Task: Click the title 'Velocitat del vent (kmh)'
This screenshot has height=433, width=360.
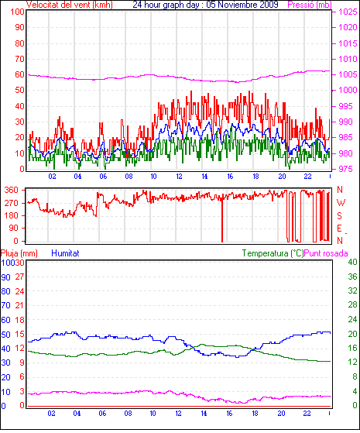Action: click(70, 5)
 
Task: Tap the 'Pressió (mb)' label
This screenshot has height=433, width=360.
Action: click(310, 5)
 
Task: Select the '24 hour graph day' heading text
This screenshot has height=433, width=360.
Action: click(166, 5)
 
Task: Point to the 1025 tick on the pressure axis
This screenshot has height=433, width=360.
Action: click(348, 12)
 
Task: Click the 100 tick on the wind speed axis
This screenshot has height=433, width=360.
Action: click(17, 12)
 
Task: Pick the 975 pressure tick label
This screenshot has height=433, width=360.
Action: click(345, 169)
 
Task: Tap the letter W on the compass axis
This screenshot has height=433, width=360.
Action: click(341, 203)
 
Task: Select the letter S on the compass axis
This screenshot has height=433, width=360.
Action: click(340, 215)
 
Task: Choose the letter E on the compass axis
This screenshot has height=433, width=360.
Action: click(340, 229)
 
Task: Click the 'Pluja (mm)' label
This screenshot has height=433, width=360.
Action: click(19, 253)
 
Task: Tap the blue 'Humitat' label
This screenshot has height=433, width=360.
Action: click(66, 253)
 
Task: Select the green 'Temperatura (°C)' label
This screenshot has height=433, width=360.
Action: click(273, 253)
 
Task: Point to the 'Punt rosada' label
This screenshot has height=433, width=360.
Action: click(326, 253)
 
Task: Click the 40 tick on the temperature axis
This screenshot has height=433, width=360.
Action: click(352, 262)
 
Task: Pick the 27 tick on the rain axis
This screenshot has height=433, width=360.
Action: click(19, 277)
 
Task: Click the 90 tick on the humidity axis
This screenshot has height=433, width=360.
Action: click(5, 277)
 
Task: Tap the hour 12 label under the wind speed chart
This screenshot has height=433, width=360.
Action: click(179, 176)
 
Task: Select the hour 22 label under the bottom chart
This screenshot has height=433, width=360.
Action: click(307, 413)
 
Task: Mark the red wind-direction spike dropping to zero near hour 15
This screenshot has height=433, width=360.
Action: click(222, 220)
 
